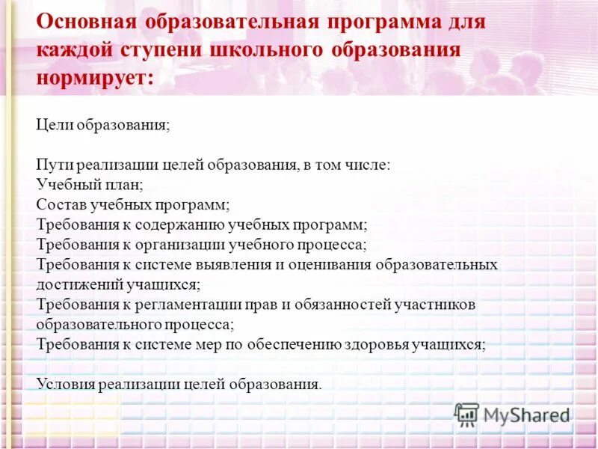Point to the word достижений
point(74,284)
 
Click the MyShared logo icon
point(466,414)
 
